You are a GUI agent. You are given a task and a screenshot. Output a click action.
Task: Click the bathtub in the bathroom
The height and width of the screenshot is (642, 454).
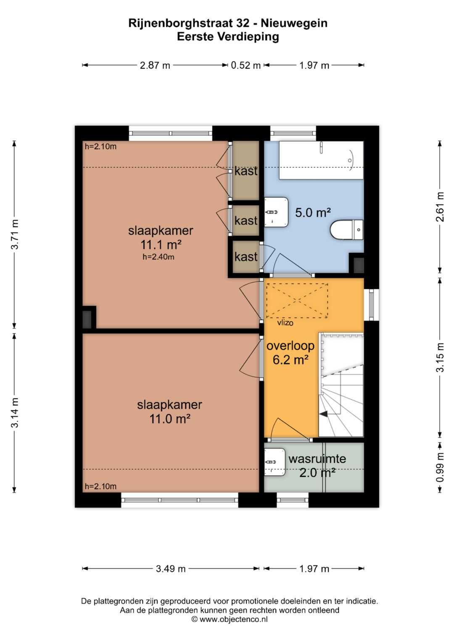321,160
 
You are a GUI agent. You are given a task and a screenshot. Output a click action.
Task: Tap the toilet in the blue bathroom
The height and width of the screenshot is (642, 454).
347,229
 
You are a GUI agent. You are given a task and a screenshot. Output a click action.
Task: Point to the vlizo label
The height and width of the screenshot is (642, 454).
285,323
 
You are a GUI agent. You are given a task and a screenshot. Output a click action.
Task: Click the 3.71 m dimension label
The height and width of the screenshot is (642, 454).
15,235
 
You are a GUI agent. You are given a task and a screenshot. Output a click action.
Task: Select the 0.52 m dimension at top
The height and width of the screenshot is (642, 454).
245,65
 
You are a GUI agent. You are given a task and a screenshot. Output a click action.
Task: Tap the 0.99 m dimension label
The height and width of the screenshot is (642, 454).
440,468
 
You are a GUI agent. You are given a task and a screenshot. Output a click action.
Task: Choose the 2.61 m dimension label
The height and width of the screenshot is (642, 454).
440,207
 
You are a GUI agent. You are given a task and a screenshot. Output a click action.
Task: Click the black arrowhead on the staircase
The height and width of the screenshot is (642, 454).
324,414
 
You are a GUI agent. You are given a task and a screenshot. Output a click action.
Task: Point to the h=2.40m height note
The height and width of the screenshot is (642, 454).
158,257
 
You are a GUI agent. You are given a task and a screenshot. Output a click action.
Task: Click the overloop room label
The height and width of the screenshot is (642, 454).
290,346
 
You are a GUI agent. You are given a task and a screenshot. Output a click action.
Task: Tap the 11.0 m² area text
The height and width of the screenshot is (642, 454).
170,419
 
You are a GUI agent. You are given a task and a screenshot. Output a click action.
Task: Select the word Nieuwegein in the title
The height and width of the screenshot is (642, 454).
294,23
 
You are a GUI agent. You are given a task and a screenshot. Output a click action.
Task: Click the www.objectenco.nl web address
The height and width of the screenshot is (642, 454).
234,619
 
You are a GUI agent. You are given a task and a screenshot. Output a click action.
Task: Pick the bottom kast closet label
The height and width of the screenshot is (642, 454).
246,256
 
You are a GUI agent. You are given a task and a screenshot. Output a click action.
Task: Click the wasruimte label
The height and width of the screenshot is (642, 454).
317,459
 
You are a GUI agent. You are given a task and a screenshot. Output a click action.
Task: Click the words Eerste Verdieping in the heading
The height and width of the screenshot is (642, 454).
228,37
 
